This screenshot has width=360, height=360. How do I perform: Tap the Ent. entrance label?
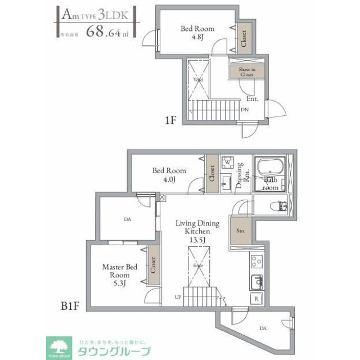(x=251, y=99)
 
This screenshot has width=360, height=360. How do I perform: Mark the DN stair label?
(x=245, y=110)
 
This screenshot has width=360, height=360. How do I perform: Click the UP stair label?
(x=178, y=296)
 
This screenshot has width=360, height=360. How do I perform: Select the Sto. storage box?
(x=241, y=231)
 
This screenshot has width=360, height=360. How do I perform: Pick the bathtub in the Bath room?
(x=271, y=167)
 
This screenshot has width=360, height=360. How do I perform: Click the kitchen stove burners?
(x=256, y=262)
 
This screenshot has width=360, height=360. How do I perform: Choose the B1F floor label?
(x=69, y=307)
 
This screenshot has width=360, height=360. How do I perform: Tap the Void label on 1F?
(x=198, y=80)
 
